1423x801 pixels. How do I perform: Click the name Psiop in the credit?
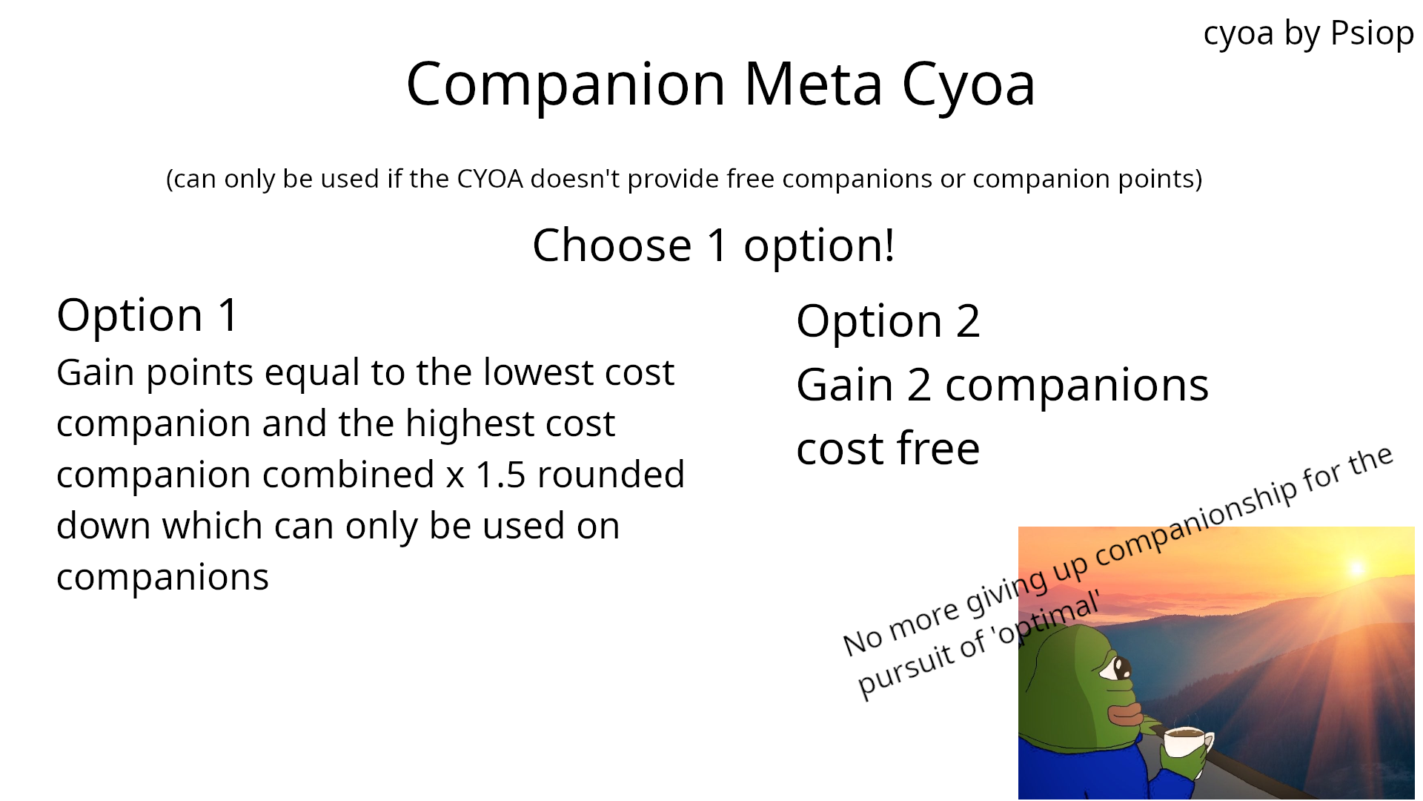pyautogui.click(x=1372, y=33)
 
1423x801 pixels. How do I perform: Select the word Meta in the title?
pyautogui.click(x=813, y=84)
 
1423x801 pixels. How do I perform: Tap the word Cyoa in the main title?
pyautogui.click(x=968, y=85)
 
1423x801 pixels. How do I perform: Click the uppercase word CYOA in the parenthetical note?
pyautogui.click(x=490, y=179)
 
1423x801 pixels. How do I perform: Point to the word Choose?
pyautogui.click(x=612, y=245)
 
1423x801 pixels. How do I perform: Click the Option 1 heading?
pyautogui.click(x=147, y=314)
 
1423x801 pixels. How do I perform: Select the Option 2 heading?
pyautogui.click(x=888, y=321)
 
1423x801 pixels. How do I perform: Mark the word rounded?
pyautogui.click(x=611, y=475)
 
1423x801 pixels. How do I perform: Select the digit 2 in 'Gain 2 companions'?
pyautogui.click(x=919, y=386)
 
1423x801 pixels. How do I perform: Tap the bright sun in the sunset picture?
pyautogui.click(x=1357, y=568)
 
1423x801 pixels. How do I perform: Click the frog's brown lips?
pyautogui.click(x=1125, y=714)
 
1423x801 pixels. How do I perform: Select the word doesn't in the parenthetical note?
pyautogui.click(x=574, y=179)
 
